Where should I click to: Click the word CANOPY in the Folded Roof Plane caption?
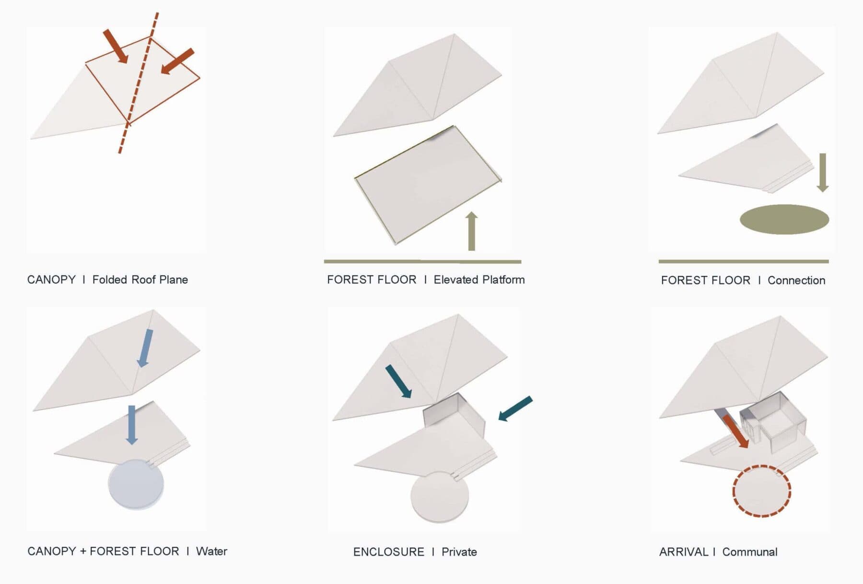click(51, 280)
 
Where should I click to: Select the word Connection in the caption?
click(796, 280)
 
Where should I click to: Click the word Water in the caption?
click(211, 551)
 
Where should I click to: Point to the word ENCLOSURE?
click(389, 552)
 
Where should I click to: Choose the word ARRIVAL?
click(684, 552)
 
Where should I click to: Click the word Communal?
click(750, 552)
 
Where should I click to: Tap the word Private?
click(459, 552)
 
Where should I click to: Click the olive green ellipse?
click(784, 219)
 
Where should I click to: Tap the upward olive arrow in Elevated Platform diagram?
click(472, 231)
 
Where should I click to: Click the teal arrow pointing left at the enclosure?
click(515, 409)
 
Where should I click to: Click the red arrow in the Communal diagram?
click(736, 431)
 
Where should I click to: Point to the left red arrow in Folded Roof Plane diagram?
click(116, 46)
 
